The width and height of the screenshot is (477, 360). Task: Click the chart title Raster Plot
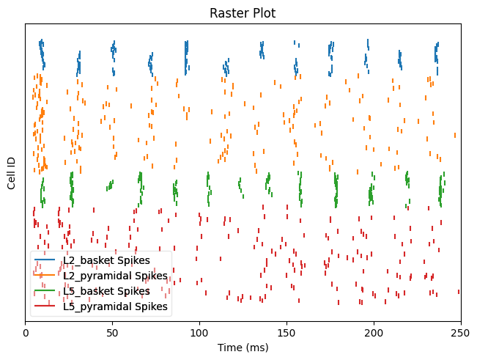tap(243, 13)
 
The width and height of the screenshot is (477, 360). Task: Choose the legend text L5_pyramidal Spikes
tap(116, 306)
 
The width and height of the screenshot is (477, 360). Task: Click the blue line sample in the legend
tap(45, 260)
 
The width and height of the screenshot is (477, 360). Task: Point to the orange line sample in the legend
tap(45, 276)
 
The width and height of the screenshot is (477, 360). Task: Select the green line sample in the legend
tap(45, 291)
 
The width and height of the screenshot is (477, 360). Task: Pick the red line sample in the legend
tap(45, 306)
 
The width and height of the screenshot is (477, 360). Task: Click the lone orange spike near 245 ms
tap(455, 135)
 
